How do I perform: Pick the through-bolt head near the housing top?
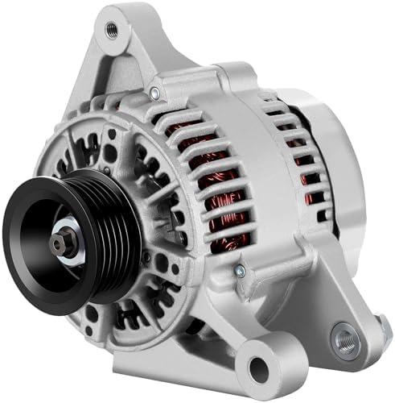(154, 94)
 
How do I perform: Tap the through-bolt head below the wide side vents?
(239, 272)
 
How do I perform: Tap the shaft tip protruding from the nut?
(53, 239)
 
